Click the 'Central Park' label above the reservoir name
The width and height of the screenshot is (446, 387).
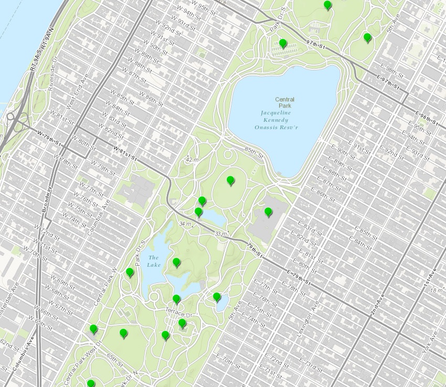285,102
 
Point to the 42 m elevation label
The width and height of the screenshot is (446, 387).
193,160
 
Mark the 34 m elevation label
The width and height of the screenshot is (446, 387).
185,224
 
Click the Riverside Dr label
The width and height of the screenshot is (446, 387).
51,78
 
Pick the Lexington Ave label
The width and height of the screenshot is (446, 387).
314,315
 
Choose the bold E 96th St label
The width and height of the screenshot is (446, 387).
426,118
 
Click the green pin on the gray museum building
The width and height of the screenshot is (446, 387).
268,212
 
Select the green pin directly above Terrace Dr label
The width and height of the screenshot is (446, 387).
176,299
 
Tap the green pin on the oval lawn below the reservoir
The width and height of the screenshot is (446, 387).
230,181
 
